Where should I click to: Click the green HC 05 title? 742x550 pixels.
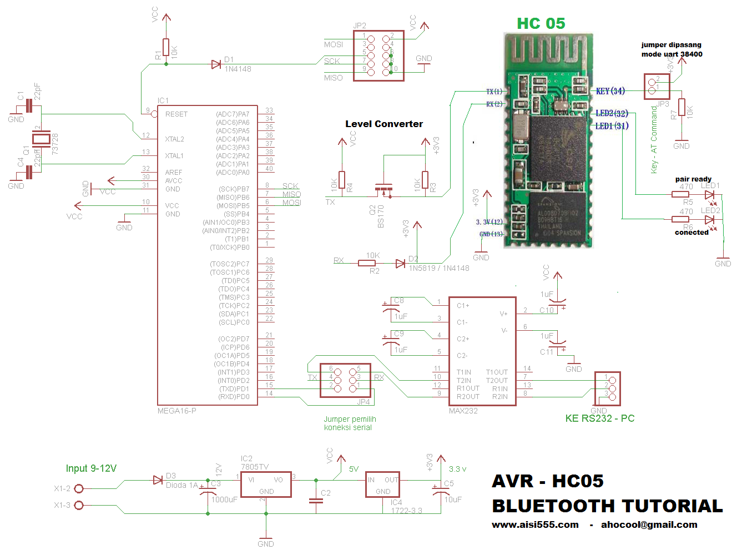coord(541,23)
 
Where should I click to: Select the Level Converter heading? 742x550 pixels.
coord(384,124)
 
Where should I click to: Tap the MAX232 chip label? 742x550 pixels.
coord(463,411)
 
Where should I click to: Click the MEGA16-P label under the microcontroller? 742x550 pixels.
coord(176,411)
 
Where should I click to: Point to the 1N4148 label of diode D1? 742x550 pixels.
coord(238,69)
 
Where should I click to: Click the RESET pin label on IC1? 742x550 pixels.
coord(176,114)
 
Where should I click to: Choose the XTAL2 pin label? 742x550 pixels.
coord(174,139)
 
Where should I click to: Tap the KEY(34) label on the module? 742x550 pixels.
coord(610,91)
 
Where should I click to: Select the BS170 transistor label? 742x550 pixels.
coord(381,216)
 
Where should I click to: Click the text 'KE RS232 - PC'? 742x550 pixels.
coord(599,418)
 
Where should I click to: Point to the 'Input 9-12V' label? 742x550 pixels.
coord(91,468)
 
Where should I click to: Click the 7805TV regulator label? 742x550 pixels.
coord(255,467)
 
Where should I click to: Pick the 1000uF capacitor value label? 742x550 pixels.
coord(224,499)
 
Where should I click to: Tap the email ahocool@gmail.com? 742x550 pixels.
coord(649,524)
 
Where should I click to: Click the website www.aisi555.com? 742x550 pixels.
coord(535,524)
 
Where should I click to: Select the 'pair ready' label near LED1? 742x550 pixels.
coord(693,179)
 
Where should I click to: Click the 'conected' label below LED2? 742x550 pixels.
coord(691,233)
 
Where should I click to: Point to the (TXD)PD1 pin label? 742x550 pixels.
coord(234,388)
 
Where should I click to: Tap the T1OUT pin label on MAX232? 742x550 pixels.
coord(497,372)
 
